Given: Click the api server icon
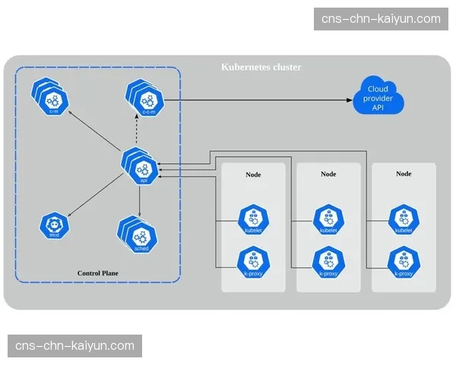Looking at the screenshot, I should [x=141, y=167].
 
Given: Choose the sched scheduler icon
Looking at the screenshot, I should [x=139, y=236].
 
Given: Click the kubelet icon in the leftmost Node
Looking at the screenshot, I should [x=253, y=220].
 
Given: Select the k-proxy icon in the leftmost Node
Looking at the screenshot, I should [x=253, y=262].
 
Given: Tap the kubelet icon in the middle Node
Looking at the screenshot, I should [x=328, y=220].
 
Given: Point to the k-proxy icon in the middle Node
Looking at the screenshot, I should [x=328, y=262].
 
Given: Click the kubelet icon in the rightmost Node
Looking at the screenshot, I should [x=402, y=220].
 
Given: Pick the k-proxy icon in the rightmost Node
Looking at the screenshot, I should [x=402, y=262].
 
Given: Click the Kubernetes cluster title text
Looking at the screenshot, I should [x=261, y=68].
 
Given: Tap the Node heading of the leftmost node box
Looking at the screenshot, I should [x=253, y=174].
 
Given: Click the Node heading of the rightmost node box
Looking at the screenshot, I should [x=404, y=174].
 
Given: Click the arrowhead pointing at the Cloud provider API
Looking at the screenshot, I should [x=351, y=100].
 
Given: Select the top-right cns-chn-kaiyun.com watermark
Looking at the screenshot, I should [x=381, y=18].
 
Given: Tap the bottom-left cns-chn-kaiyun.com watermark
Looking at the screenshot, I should [x=75, y=346].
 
